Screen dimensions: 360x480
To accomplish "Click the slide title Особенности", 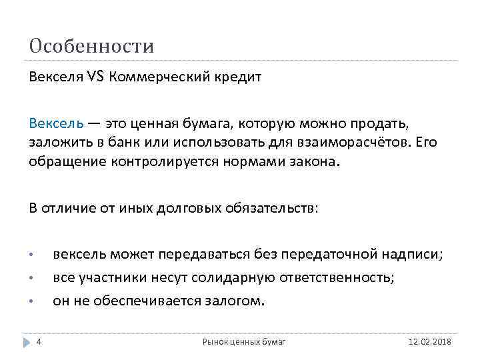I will click(x=91, y=46).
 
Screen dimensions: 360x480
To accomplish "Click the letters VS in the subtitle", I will click(x=95, y=75).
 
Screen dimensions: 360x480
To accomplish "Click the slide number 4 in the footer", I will click(x=39, y=341).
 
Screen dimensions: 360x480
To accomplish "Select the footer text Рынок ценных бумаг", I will click(x=244, y=342).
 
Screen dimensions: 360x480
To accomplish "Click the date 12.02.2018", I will click(x=429, y=342).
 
